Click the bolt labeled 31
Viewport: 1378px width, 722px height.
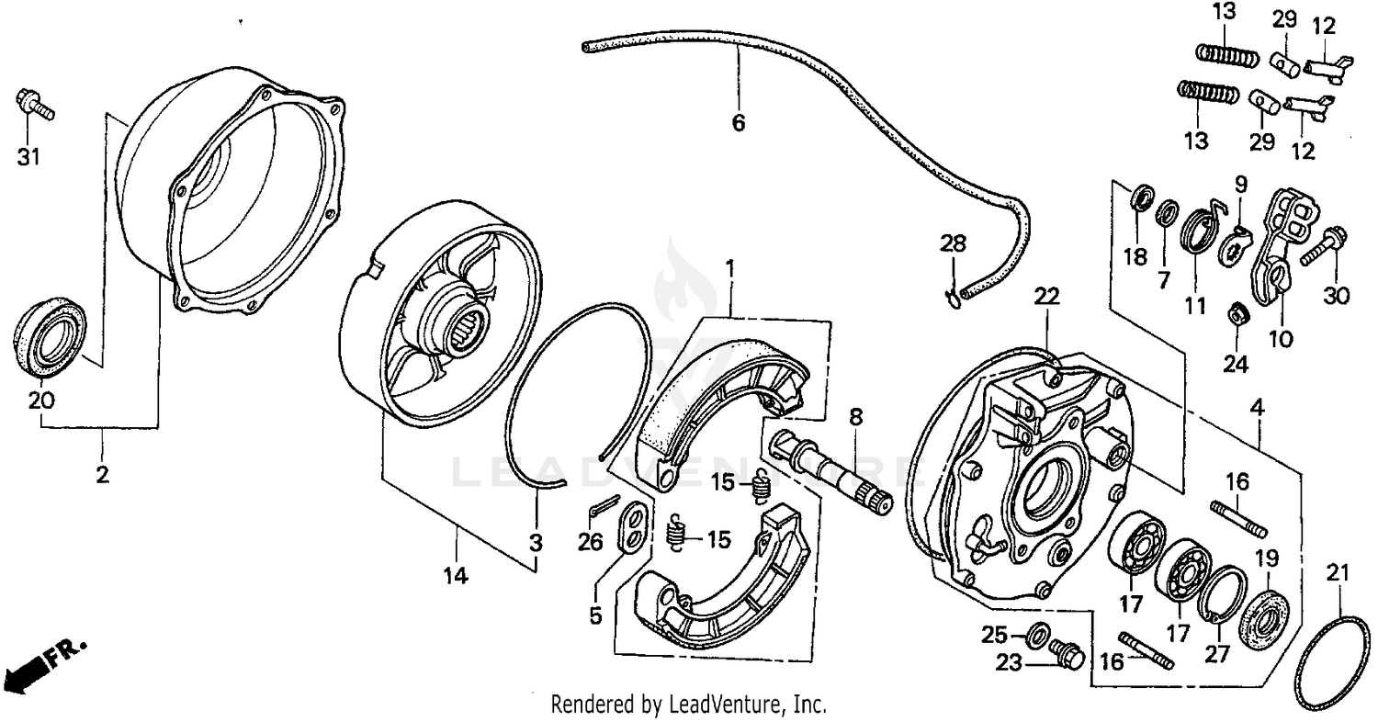click(x=33, y=105)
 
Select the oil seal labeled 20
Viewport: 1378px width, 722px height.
click(x=51, y=333)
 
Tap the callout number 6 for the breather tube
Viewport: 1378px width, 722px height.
click(x=739, y=122)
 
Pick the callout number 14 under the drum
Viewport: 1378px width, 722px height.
click(x=456, y=576)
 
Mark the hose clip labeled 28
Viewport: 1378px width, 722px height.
click(x=953, y=294)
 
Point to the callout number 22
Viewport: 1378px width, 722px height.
click(x=1046, y=296)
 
